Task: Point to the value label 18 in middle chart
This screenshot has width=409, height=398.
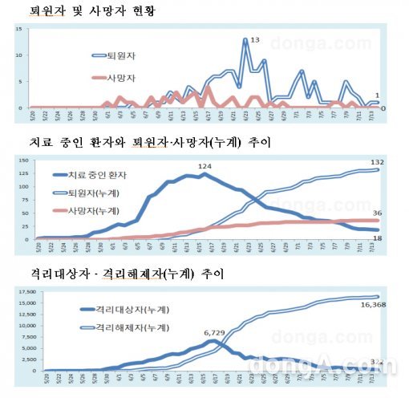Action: (x=376, y=239)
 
